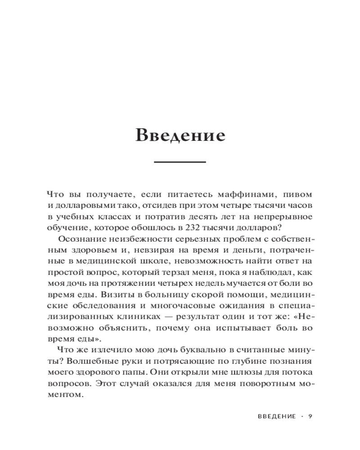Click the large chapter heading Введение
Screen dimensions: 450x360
(180, 135)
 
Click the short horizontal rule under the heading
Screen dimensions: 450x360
(180, 162)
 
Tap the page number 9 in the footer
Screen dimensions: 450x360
(310, 416)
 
